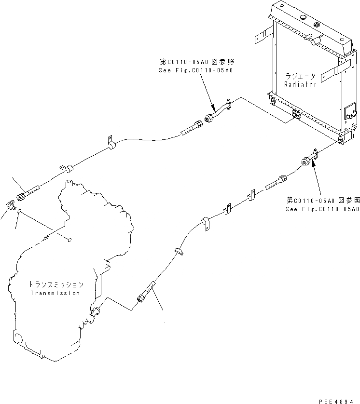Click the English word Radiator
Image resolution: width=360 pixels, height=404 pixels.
point(300,84)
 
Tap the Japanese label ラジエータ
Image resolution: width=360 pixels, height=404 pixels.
point(300,76)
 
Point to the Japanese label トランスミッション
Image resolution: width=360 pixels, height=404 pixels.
point(56,285)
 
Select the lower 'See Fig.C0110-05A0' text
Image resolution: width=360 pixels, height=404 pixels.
point(322,209)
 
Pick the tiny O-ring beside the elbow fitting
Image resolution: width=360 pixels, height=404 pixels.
point(18,210)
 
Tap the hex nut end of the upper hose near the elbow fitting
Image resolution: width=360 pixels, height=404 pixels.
point(21,196)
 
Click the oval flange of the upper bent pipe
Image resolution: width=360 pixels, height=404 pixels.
point(228,104)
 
